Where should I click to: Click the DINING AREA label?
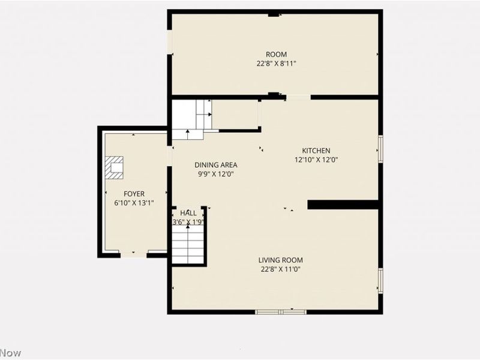point(215,165)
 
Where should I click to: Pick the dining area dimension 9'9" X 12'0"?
point(215,174)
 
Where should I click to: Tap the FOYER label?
point(133,194)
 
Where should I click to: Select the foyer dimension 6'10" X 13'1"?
point(133,203)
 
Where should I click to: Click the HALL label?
point(188,213)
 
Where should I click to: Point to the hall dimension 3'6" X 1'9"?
point(188,222)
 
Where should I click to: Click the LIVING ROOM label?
point(280,260)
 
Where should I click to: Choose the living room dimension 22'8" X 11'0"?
point(280,269)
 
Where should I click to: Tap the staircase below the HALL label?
point(188,246)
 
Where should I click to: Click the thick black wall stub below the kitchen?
point(344,205)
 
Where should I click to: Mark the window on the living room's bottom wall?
point(281,311)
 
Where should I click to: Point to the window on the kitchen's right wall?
point(380,148)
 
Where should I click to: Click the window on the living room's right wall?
point(380,280)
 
